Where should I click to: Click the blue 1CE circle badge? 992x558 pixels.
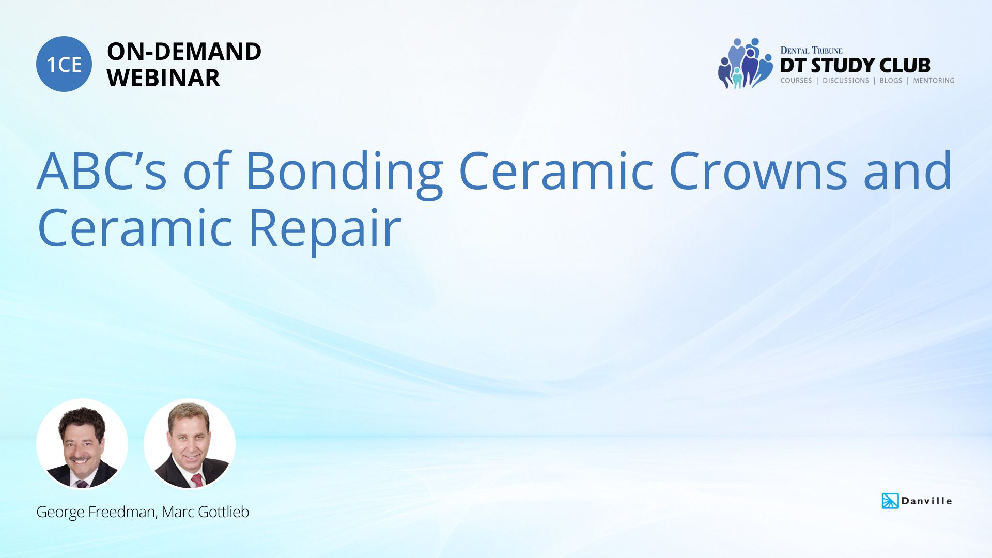64,64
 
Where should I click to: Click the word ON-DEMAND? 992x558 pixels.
184,52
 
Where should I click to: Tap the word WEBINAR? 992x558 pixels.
163,78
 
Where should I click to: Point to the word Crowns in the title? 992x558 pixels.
758,171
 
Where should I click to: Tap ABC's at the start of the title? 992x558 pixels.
102,171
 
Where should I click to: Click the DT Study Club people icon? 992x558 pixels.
745,64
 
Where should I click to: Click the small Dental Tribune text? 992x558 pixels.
811,50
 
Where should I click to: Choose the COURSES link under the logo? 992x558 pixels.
796,81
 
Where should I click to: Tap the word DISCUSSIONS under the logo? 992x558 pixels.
845,81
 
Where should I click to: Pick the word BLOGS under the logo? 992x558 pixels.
891,81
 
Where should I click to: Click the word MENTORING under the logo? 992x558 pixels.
934,81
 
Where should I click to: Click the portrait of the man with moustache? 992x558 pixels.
82,444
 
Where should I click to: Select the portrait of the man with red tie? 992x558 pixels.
190,444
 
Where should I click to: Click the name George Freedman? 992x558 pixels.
96,512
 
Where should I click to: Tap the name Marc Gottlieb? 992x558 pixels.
206,512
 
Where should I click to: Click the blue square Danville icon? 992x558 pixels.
890,501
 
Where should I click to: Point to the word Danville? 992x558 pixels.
926,501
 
